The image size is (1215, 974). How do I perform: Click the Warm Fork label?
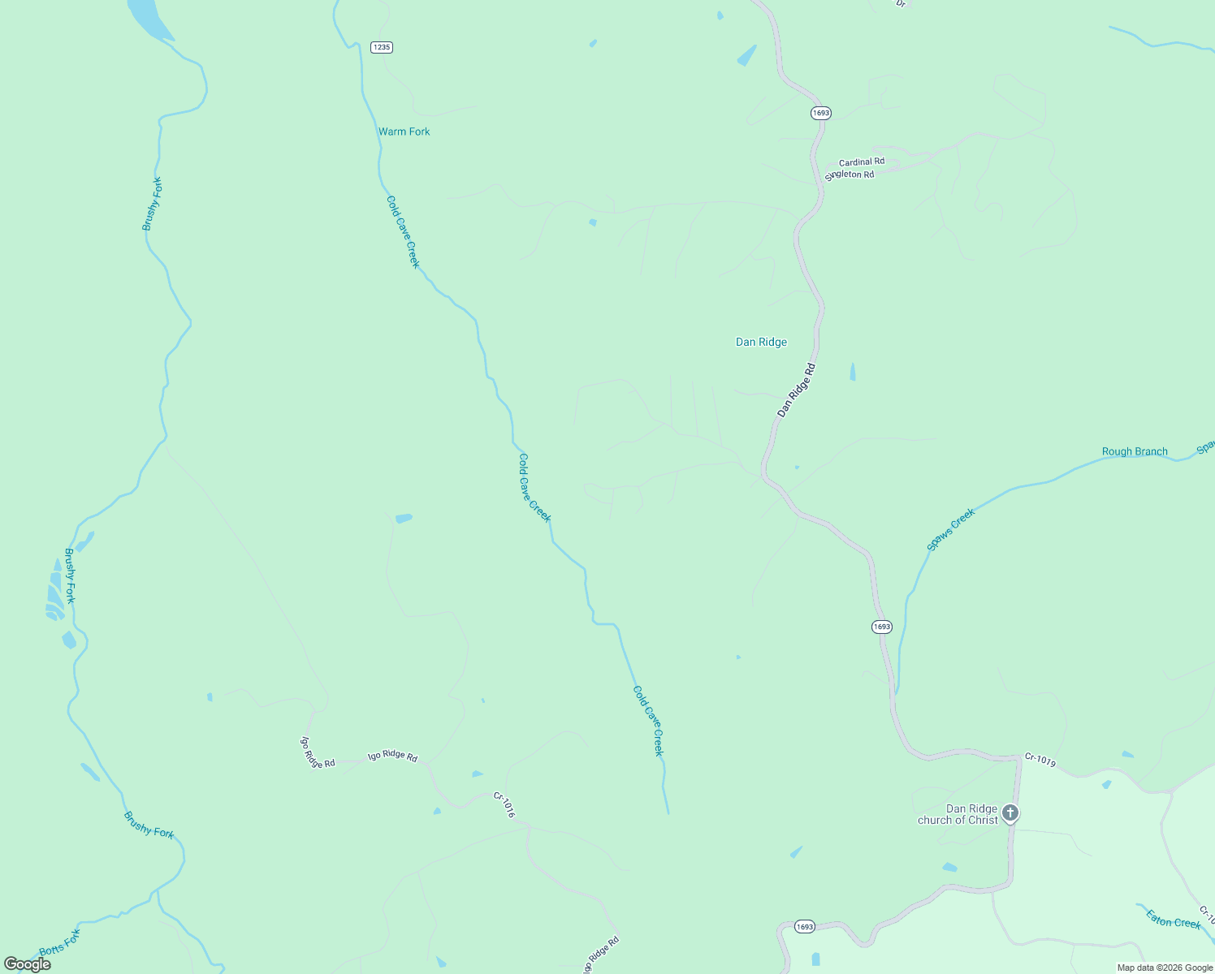coord(404,131)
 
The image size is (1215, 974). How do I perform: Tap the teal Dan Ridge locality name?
coord(761,343)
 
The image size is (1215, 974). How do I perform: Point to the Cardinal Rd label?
coord(861,162)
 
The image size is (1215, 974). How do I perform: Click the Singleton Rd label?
coord(850,175)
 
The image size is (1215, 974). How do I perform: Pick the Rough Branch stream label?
coord(1135,452)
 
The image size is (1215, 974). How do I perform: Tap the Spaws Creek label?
coord(950,530)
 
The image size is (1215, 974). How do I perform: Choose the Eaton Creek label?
coord(1173,920)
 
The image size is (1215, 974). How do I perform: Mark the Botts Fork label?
coord(60,942)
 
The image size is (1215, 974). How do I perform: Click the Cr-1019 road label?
coord(1040,761)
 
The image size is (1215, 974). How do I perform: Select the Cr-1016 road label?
coord(504,805)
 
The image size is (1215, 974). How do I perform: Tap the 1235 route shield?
coord(381,47)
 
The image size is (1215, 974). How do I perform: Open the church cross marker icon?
coord(1010,812)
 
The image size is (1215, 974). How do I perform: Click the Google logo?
coord(28,964)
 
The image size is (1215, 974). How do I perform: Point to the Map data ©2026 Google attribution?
coord(1165,968)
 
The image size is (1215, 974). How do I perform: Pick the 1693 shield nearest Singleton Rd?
coord(820,113)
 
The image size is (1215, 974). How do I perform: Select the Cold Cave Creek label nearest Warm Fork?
coord(403,231)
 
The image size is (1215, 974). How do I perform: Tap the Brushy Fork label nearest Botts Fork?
coord(149,825)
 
